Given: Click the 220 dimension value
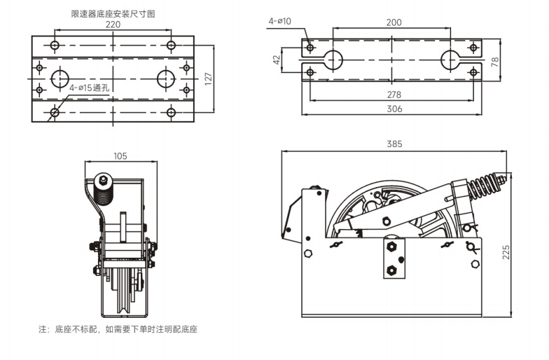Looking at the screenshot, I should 112,25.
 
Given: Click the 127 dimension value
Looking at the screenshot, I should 208,78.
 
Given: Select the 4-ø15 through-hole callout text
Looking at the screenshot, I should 89,88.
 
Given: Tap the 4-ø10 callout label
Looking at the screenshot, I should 280,22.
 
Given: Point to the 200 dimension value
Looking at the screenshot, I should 394,22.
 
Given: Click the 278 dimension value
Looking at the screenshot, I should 394,94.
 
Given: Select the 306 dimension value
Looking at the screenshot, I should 394,108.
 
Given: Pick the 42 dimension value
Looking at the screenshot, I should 276,61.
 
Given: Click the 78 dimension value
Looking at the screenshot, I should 494,61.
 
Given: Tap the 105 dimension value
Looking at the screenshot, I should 120,156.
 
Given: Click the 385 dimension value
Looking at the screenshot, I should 394,144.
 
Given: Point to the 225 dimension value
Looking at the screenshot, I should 506,251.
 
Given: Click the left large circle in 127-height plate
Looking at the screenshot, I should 60,78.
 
